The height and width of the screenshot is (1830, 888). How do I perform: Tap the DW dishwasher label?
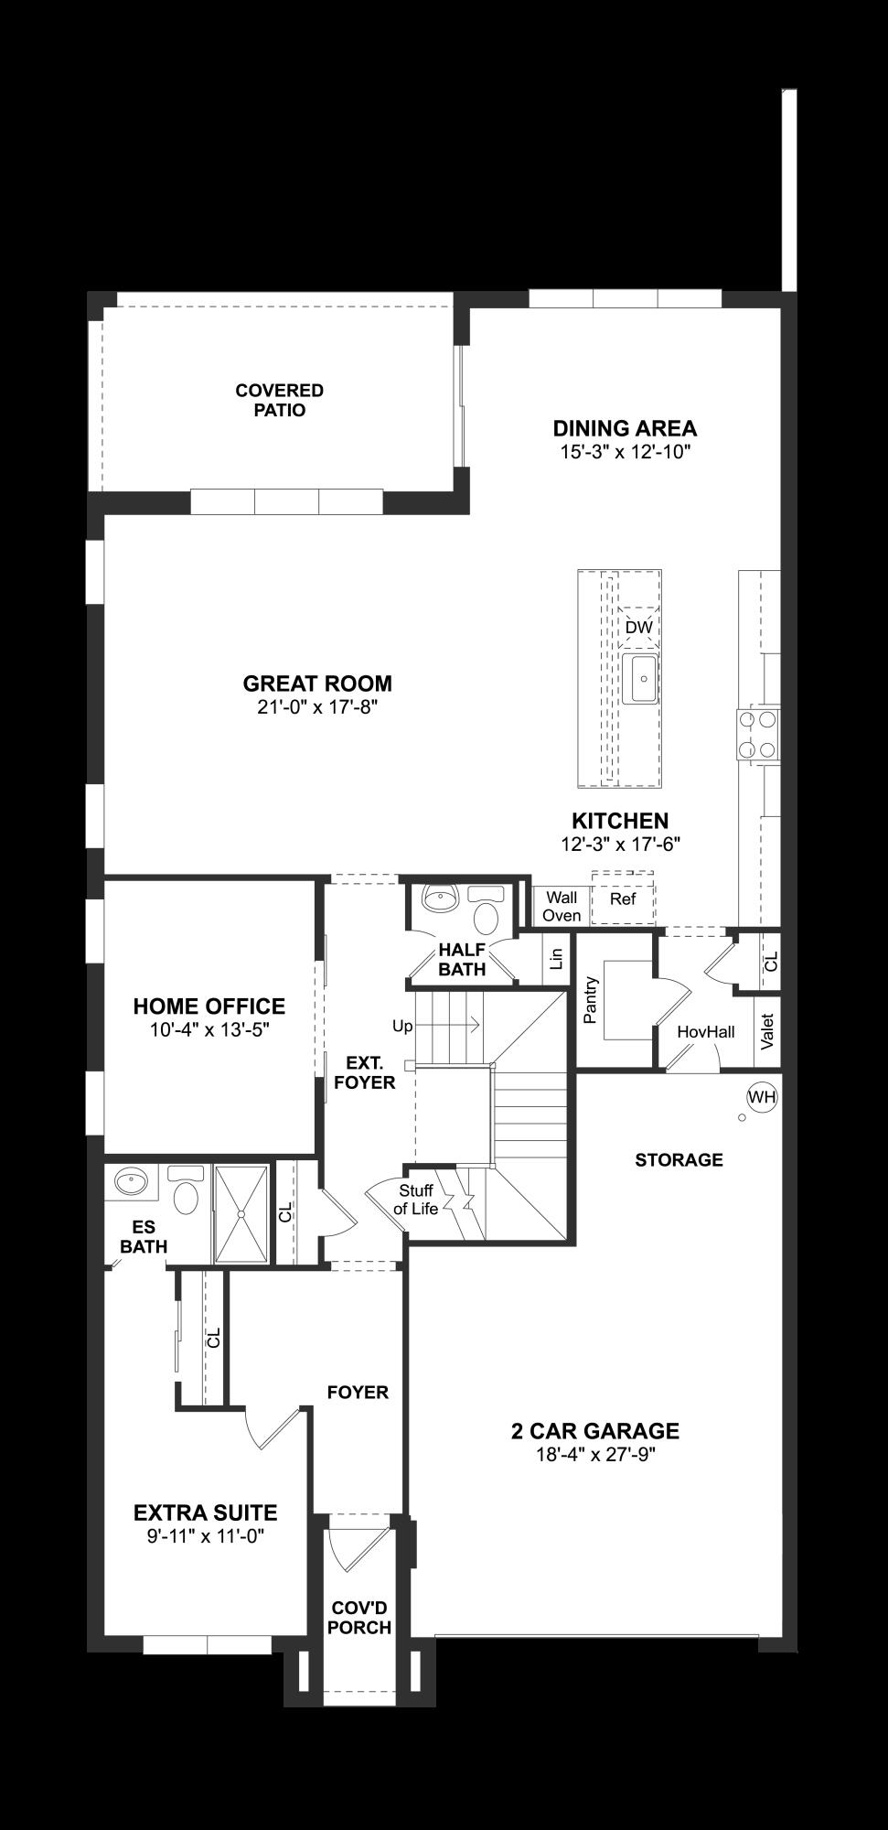[639, 628]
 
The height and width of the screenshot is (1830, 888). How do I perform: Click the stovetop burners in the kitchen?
[758, 735]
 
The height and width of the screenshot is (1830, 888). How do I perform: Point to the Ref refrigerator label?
[623, 899]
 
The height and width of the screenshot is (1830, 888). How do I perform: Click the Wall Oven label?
[562, 906]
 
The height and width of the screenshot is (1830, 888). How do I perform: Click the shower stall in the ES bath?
[241, 1213]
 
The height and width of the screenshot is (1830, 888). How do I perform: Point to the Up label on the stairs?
[402, 1026]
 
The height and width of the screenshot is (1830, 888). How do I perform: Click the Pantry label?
[590, 1000]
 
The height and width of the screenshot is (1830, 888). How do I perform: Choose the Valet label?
[766, 1031]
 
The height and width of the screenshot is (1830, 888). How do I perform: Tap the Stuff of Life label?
[416, 1200]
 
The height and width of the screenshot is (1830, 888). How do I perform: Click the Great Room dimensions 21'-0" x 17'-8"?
[317, 706]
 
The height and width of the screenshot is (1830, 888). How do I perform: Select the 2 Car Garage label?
[594, 1430]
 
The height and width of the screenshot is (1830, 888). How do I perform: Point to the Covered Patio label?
[280, 400]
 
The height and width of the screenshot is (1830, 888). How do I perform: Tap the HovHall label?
[705, 1031]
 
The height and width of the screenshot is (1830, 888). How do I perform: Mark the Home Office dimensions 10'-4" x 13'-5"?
[209, 1029]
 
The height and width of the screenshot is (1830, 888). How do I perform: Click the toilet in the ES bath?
[187, 1192]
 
